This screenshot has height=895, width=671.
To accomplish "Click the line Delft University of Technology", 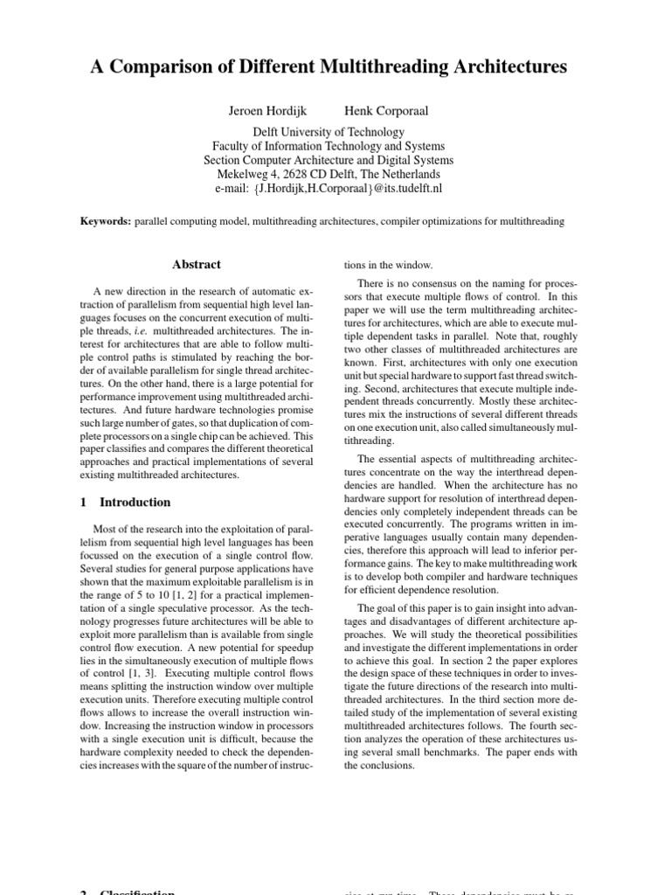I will [x=329, y=133].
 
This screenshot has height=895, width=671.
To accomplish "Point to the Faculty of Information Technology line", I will [x=329, y=147].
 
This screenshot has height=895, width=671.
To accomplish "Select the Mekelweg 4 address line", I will [x=329, y=175].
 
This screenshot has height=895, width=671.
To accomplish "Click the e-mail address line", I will [x=329, y=189].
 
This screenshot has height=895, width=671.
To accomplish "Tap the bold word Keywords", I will [x=105, y=223].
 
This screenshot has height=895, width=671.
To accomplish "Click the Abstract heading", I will [x=197, y=265].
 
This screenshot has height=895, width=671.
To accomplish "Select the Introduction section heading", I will [x=135, y=503].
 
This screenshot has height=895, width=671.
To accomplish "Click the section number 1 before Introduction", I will [x=84, y=503].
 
